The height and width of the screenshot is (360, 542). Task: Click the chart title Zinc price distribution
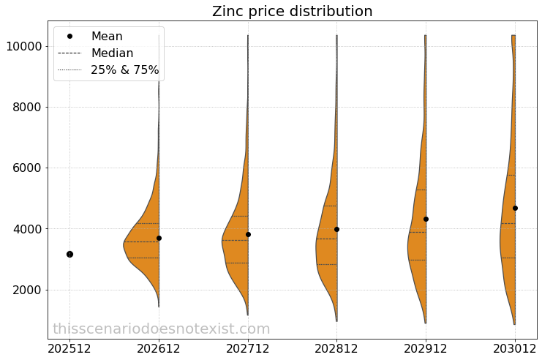point(292,12)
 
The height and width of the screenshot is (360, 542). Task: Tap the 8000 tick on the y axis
point(26,108)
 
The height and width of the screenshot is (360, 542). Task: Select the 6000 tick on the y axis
point(26,168)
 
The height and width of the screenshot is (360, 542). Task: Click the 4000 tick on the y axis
point(26,229)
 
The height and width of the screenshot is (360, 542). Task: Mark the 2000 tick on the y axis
point(26,290)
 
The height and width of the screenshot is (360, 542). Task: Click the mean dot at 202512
point(69,254)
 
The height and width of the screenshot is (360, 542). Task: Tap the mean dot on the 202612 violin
point(159,238)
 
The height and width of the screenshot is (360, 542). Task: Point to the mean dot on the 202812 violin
point(336,229)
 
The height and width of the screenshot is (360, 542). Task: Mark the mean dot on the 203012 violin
point(515,208)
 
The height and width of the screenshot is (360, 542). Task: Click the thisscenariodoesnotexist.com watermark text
point(161,329)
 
